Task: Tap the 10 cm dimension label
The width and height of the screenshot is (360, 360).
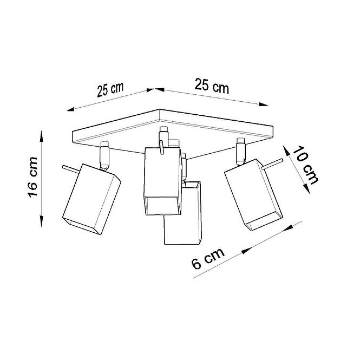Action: (305, 165)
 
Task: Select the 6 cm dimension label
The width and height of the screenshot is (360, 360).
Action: (208, 258)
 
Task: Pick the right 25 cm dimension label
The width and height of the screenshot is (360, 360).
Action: (212, 86)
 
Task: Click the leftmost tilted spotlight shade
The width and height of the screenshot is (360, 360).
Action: (91, 199)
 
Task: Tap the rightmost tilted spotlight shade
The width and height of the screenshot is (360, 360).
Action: (253, 195)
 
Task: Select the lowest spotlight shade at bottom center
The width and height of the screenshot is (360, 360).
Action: (183, 213)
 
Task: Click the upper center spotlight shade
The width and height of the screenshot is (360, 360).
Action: (162, 181)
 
